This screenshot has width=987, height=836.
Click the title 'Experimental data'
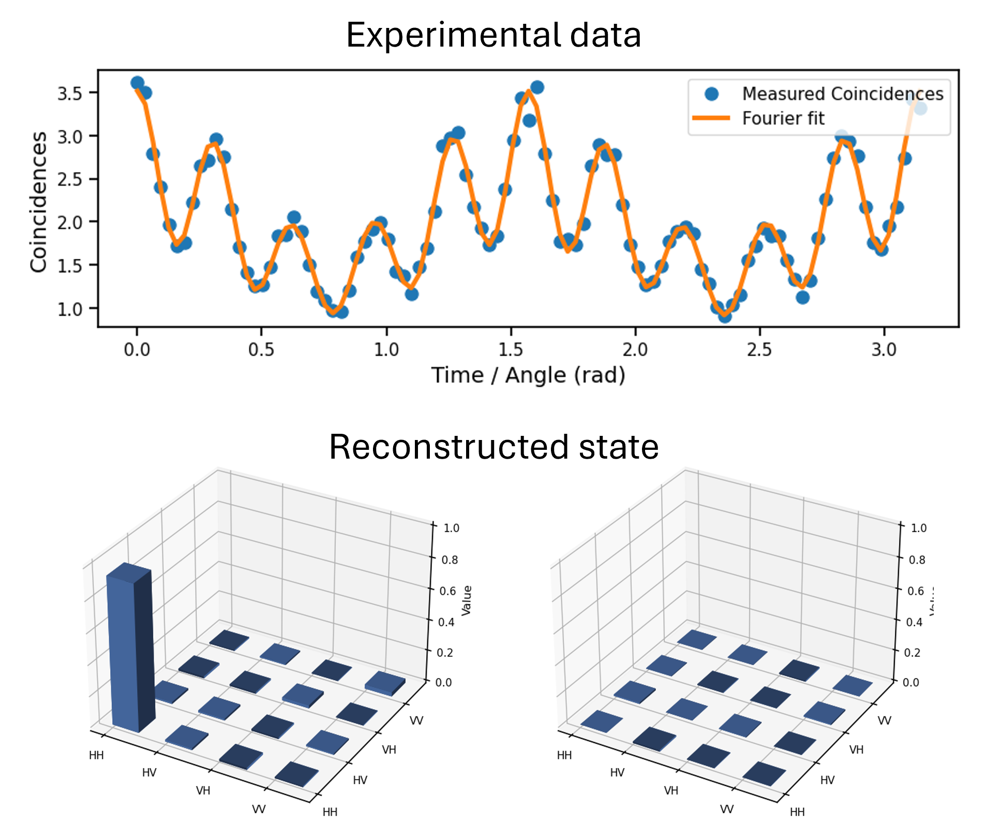(x=494, y=35)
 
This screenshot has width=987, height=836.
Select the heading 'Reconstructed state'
(x=494, y=447)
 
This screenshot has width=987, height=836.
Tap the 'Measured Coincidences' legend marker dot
(x=712, y=94)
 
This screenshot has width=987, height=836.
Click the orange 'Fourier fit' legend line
(x=711, y=118)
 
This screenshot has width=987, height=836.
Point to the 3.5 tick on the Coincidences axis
(x=70, y=94)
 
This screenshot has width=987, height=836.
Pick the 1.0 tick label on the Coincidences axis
(x=70, y=309)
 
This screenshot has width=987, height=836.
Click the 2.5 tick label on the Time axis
(x=759, y=350)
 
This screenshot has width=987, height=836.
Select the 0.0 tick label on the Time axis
(x=137, y=350)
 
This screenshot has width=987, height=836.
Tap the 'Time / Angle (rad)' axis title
(x=528, y=375)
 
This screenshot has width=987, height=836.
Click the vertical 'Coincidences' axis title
(x=39, y=202)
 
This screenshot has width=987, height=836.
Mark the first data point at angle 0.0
(x=137, y=83)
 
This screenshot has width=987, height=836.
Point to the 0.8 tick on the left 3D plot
(x=450, y=560)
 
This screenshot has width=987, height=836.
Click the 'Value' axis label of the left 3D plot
(x=467, y=600)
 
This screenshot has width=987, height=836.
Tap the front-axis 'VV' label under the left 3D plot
(x=259, y=809)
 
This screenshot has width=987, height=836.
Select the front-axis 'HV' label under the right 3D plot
(x=617, y=773)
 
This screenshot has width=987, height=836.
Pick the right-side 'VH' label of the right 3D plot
(x=857, y=750)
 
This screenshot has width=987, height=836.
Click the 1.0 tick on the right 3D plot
(x=919, y=528)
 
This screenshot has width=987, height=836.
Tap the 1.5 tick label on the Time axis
(x=511, y=350)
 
